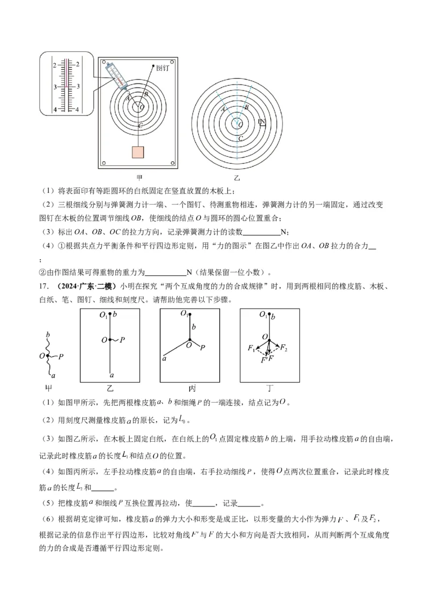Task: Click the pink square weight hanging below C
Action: point(139,151)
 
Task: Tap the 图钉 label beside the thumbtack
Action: point(162,69)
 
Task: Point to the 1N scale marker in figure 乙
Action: point(262,123)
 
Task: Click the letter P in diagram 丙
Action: point(202,348)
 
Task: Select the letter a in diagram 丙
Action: point(164,359)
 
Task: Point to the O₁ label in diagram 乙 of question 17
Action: point(103,315)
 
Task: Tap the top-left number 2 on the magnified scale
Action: point(54,65)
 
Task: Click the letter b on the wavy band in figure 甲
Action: point(48,335)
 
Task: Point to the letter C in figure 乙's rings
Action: point(241,139)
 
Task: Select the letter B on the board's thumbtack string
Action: point(139,94)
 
